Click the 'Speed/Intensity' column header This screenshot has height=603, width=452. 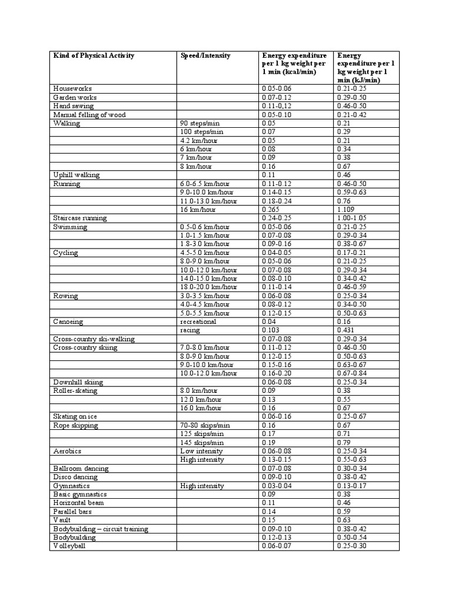coord(205,56)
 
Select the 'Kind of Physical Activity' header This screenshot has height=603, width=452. coord(94,56)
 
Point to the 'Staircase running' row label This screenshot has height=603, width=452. coord(80,218)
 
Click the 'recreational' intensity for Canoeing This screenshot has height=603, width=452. coord(198,322)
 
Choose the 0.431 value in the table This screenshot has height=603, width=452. coord(347,330)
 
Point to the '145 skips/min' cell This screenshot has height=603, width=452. coord(202,442)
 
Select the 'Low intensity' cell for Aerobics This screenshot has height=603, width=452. coord(202,451)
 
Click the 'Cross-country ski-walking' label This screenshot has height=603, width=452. coord(94,339)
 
